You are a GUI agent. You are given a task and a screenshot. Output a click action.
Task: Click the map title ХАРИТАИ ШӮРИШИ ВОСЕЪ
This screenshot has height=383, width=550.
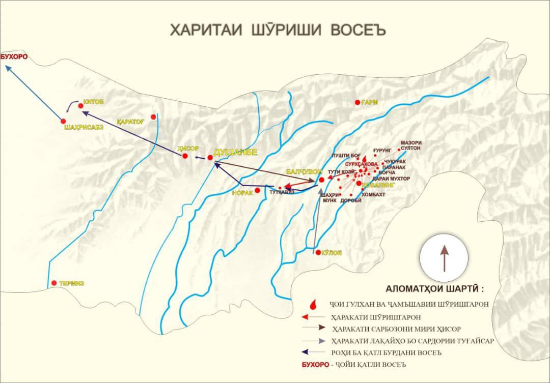coord(278,30)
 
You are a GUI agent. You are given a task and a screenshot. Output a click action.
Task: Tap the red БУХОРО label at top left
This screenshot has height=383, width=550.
coord(14,57)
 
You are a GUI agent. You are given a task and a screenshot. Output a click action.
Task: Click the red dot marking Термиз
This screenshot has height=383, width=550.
coord(54,283)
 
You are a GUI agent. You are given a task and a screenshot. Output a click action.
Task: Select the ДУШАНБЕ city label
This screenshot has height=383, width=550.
coord(236,152)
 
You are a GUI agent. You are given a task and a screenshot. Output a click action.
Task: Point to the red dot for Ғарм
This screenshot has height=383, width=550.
coord(358,103)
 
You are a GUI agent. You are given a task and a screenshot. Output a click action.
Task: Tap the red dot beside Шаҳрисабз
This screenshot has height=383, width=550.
coord(63,121)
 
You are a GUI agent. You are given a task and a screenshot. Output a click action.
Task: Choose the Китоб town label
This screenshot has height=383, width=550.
coord(94,102)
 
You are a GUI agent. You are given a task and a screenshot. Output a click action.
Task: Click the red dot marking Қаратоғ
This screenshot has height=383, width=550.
coord(153,117)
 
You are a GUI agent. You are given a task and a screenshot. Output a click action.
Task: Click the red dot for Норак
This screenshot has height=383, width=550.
coord(258,190)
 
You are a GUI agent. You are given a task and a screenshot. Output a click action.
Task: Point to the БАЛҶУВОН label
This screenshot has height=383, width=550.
coord(302,172)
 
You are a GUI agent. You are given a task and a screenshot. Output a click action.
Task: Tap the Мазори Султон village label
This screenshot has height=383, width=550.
coord(411,145)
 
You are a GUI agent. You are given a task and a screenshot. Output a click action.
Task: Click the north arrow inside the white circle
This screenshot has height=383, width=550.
coord(444,257)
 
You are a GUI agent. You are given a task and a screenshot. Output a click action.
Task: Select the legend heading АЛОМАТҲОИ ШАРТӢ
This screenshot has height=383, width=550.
coord(434,288)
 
